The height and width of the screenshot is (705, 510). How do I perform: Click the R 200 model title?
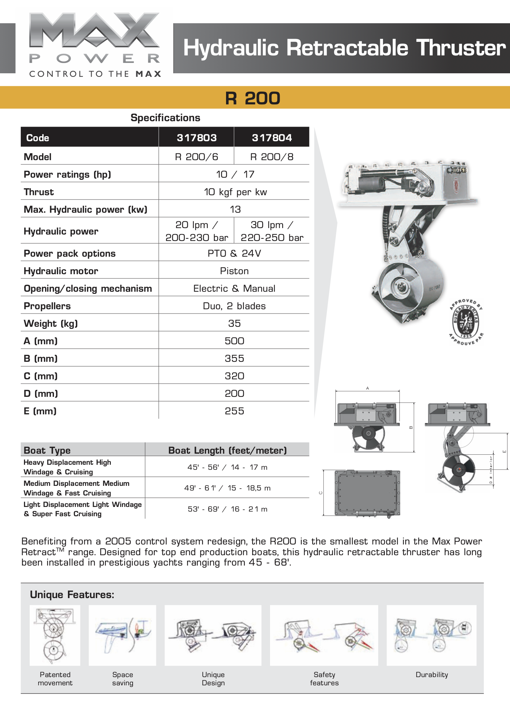[x=252, y=98]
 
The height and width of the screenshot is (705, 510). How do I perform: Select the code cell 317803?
[x=196, y=138]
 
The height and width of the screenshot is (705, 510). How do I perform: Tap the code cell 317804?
[x=272, y=138]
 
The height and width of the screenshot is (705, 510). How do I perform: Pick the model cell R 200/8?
[x=272, y=157]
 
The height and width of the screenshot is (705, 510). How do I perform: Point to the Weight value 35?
[x=234, y=323]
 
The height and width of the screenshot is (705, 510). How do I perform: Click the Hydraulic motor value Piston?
[x=234, y=271]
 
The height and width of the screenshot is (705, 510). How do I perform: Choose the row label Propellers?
[x=47, y=306]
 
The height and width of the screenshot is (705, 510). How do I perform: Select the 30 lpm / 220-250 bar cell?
[x=272, y=231]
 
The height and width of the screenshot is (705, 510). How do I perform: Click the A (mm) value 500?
[x=234, y=341]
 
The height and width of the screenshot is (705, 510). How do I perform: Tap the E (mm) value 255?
[x=234, y=411]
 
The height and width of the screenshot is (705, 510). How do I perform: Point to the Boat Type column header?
[x=47, y=450]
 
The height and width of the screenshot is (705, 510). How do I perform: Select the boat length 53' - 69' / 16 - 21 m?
[x=227, y=509]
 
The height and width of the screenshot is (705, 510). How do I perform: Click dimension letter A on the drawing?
[x=367, y=388]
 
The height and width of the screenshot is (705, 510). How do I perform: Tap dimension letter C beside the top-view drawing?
[x=320, y=493]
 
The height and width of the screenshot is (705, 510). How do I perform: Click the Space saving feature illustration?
[x=122, y=635]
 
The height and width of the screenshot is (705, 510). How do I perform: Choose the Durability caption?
[x=432, y=675]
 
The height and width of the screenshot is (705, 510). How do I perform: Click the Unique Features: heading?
[x=72, y=595]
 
